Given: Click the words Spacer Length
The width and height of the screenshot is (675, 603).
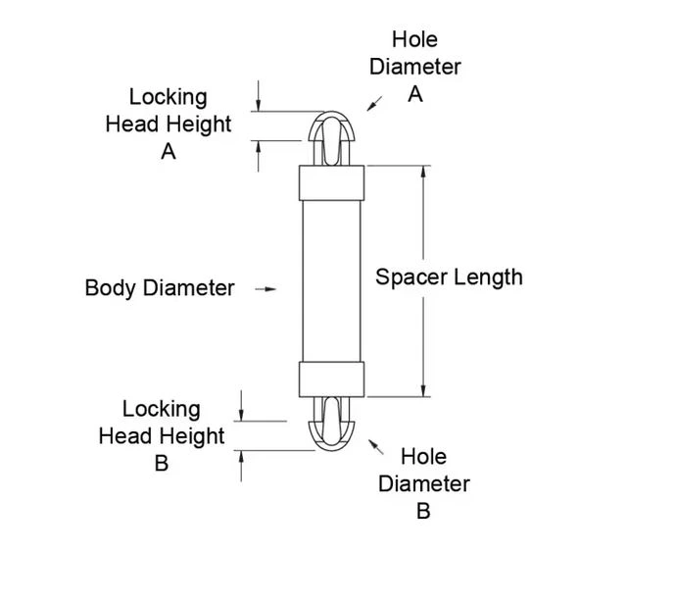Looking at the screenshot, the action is pyautogui.click(x=449, y=277).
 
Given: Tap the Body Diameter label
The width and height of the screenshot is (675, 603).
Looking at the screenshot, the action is pyautogui.click(x=160, y=287).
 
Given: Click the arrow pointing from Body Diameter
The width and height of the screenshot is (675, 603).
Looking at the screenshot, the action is pyautogui.click(x=265, y=289).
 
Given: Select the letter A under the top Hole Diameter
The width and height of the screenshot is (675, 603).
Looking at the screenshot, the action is pyautogui.click(x=415, y=94).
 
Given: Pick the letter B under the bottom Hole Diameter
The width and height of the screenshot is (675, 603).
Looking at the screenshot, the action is pyautogui.click(x=423, y=511).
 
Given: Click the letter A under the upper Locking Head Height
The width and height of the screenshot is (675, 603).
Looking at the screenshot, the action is pyautogui.click(x=169, y=152).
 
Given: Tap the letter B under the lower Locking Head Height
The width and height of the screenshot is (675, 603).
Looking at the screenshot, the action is pyautogui.click(x=162, y=464).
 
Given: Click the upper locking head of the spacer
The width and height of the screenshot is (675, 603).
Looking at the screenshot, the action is pyautogui.click(x=331, y=138).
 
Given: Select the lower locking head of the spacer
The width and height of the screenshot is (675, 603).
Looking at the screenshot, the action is pyautogui.click(x=331, y=424).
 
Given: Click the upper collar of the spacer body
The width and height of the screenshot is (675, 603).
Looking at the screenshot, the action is pyautogui.click(x=331, y=183).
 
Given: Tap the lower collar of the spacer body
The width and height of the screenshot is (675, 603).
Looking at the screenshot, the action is pyautogui.click(x=331, y=379).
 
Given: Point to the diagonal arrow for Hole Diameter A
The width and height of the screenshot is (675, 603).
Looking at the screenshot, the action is pyautogui.click(x=374, y=103).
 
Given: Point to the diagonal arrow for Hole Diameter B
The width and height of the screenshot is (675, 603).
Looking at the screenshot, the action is pyautogui.click(x=376, y=447).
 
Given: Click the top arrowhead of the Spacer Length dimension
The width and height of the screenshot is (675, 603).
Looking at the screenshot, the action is pyautogui.click(x=423, y=171).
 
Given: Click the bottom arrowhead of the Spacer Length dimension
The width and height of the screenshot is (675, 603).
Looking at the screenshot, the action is pyautogui.click(x=423, y=391).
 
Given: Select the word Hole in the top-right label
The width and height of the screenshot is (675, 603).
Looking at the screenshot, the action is pyautogui.click(x=415, y=39).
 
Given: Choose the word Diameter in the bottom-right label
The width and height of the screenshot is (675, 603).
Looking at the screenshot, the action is pyautogui.click(x=424, y=484).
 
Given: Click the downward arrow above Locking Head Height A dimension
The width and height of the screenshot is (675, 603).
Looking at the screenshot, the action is pyautogui.click(x=259, y=96).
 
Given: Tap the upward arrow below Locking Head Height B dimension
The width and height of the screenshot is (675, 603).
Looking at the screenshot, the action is pyautogui.click(x=241, y=466).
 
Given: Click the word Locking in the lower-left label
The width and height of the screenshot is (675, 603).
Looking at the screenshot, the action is pyautogui.click(x=162, y=409).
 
